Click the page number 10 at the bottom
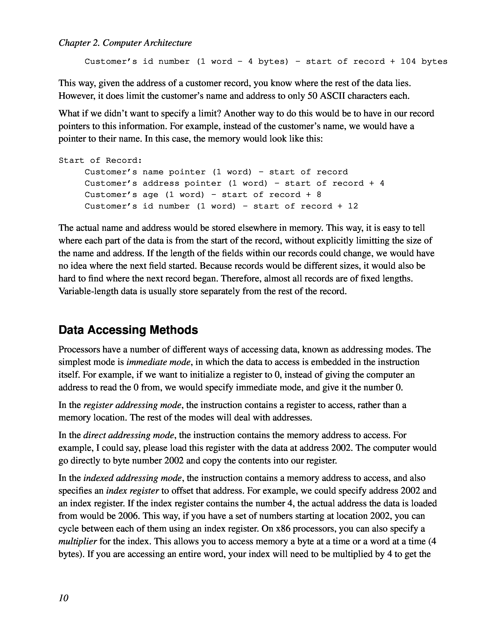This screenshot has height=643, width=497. click(63, 598)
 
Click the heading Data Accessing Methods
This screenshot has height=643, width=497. click(128, 330)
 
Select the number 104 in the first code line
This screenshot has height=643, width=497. click(408, 62)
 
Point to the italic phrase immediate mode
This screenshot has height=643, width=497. click(158, 362)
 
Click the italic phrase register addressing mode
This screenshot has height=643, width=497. click(132, 405)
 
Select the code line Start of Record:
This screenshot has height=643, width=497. click(100, 160)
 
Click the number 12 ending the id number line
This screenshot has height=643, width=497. click(353, 206)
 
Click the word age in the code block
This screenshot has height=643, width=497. click(150, 195)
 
